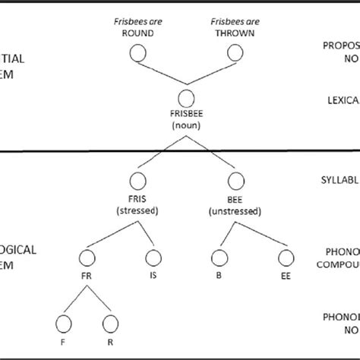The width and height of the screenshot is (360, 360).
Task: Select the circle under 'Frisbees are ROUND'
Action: tap(137, 52)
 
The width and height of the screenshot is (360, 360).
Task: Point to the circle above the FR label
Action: tap(86, 258)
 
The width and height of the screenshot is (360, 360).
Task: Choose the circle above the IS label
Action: tap(154, 258)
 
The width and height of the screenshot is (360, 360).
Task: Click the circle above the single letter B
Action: tap(218, 258)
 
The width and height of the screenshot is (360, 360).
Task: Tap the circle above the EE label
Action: tap(286, 258)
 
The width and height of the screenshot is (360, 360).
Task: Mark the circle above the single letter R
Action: tap(110, 324)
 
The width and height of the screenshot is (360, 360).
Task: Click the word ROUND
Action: tap(137, 34)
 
